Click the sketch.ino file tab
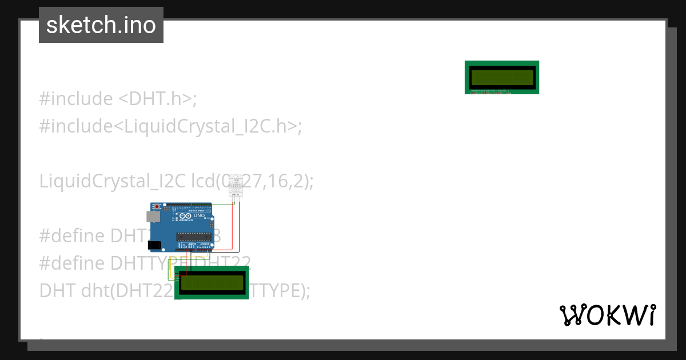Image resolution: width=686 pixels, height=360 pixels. pyautogui.click(x=101, y=25)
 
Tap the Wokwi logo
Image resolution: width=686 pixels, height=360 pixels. pyautogui.click(x=607, y=315)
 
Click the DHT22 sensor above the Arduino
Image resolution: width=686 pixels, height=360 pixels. pyautogui.click(x=235, y=186)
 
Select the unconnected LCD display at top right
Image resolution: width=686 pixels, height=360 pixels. pyautogui.click(x=502, y=77)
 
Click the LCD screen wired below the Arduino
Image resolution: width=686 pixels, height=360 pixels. pyautogui.click(x=212, y=282)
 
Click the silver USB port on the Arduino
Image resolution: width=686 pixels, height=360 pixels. pyautogui.click(x=153, y=217)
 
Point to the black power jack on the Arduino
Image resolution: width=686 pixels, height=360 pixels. pyautogui.click(x=154, y=245)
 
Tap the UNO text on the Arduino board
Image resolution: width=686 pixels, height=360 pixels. pyautogui.click(x=199, y=215)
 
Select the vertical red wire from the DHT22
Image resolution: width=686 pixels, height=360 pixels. pyautogui.click(x=233, y=226)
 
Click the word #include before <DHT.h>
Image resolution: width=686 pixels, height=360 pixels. pyautogui.click(x=76, y=99)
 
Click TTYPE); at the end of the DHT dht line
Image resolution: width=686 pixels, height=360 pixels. pyautogui.click(x=280, y=291)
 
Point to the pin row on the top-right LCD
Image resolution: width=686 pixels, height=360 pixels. pyautogui.click(x=490, y=91)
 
